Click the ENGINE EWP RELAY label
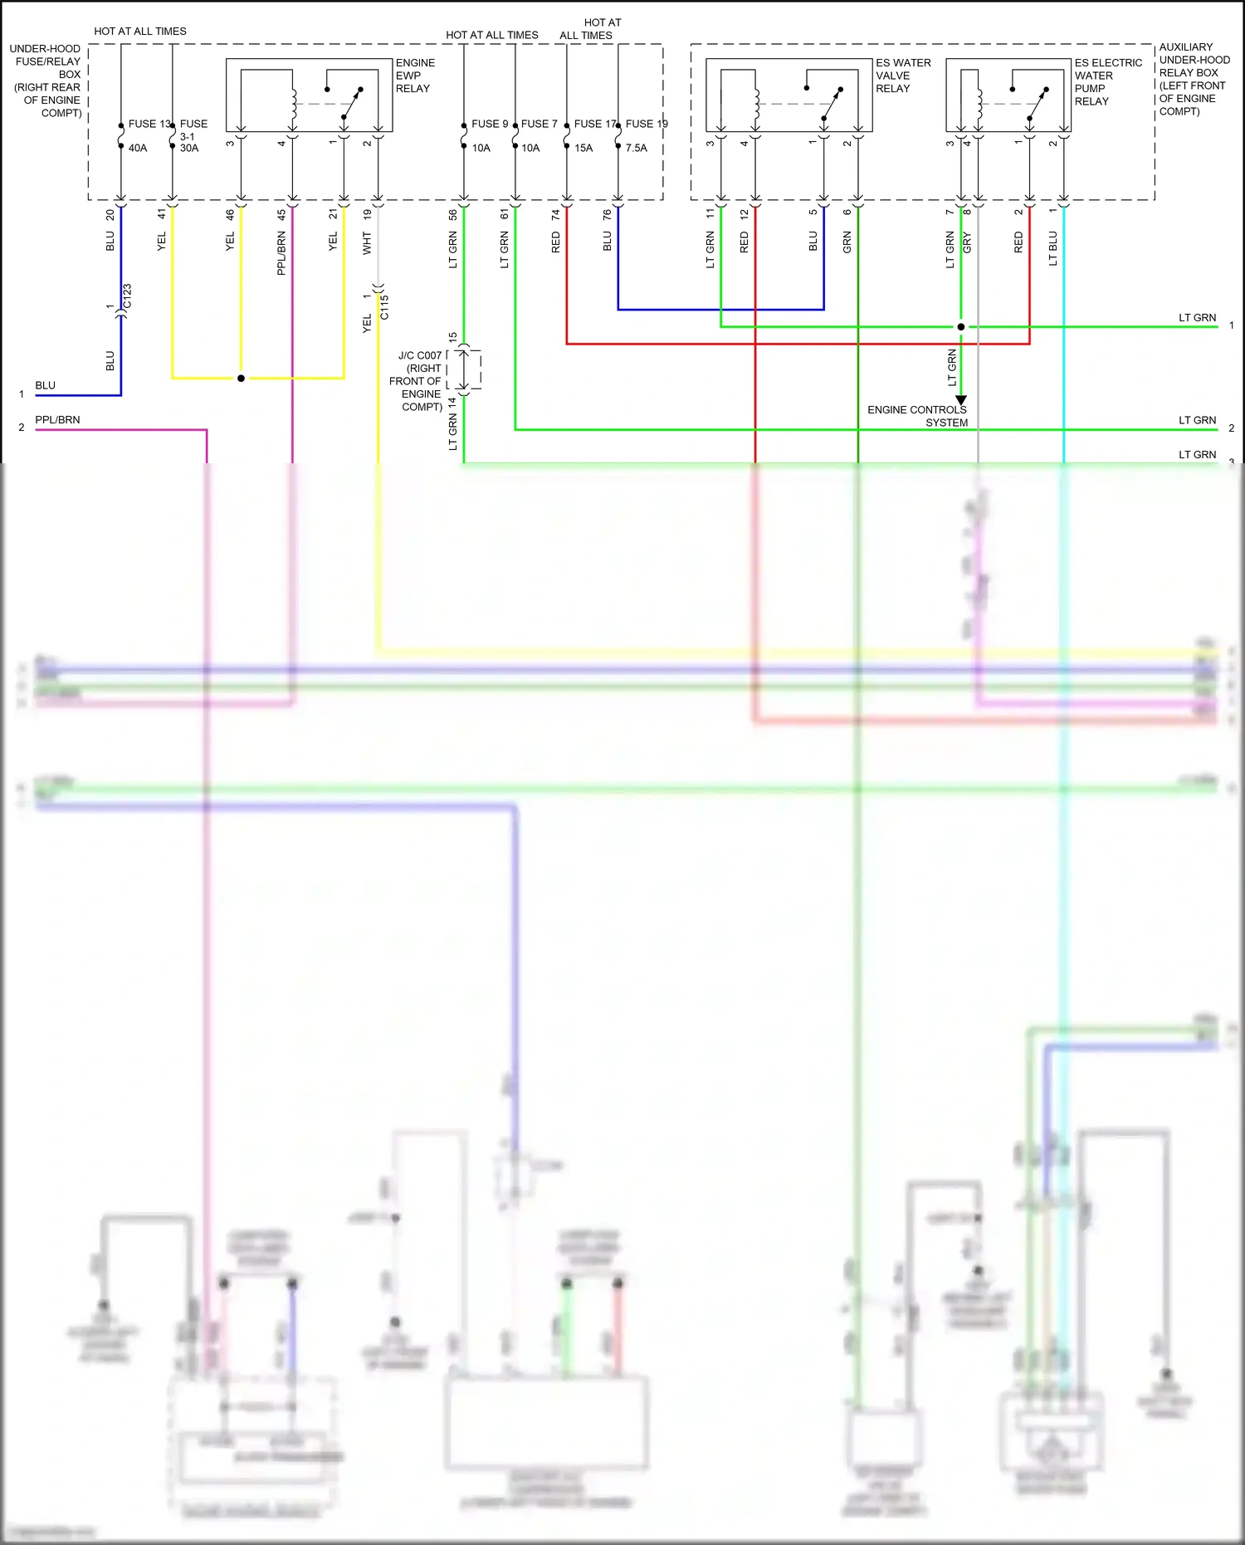414,76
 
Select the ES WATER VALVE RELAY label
902,76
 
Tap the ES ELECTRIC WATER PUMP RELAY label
1107,81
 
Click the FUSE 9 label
489,124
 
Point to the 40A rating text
138,148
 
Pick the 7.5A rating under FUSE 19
636,148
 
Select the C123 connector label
127,296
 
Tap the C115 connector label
384,307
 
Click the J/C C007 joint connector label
420,355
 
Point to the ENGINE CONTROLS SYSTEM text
917,416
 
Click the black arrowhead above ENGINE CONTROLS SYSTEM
961,400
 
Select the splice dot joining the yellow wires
241,379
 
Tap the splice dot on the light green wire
961,327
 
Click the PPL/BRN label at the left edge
57,420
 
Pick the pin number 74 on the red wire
555,214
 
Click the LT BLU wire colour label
1052,248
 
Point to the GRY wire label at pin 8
967,242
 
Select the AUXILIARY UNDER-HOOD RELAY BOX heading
1193,79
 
